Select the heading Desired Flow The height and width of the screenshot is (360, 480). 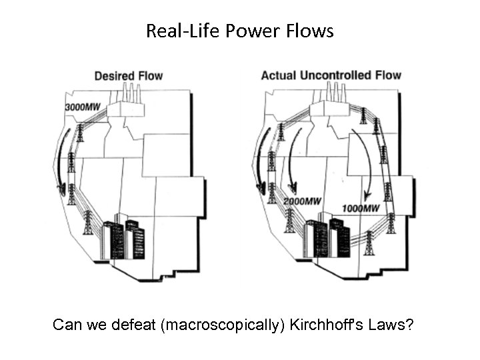pos(128,75)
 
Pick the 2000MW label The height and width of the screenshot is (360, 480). pos(301,201)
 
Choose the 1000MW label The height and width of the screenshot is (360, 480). pos(361,209)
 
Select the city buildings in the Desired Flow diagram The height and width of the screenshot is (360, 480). pos(123,237)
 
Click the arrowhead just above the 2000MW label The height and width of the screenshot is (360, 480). pos(291,187)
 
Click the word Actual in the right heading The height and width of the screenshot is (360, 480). pos(278,75)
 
